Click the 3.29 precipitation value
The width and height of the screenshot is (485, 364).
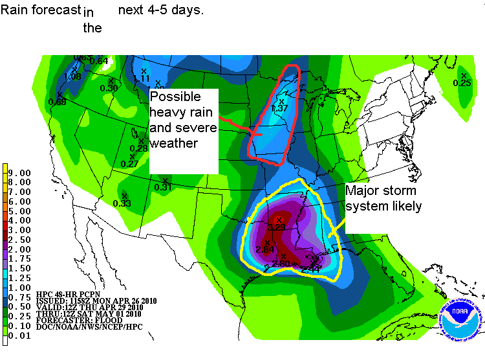277,227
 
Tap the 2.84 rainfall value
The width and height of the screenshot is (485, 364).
265,249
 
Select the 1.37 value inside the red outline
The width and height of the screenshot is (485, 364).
280,108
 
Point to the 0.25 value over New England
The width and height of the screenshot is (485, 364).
462,83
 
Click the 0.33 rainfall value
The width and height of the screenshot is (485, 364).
122,203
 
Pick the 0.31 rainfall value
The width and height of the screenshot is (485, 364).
163,187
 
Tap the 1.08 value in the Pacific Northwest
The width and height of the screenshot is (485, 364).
72,76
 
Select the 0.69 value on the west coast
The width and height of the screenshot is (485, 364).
57,102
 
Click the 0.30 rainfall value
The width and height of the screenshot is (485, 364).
109,88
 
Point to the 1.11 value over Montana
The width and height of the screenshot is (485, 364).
142,78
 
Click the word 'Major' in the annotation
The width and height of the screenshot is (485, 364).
363,191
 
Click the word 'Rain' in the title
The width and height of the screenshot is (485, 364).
14,11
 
